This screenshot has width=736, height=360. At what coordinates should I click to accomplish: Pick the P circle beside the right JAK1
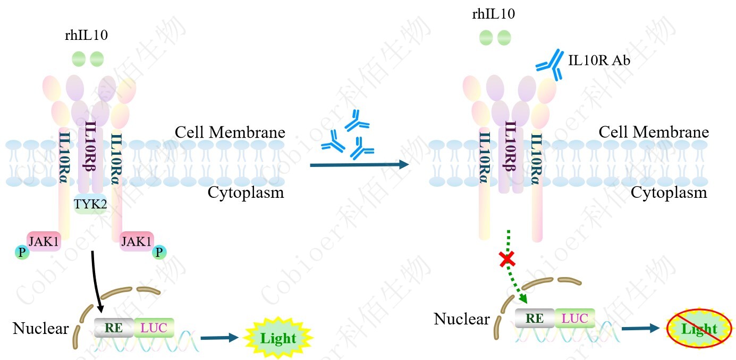pos(159,253)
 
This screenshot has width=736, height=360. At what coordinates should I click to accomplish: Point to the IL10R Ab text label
pos(599,61)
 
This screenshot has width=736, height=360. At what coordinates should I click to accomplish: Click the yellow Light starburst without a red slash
pos(278,338)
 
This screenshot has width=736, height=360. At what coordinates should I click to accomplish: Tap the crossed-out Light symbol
pos(699,329)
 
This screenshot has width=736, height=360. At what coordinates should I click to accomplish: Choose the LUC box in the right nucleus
pos(574,318)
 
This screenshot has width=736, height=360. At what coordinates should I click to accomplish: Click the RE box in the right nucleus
pos(535,318)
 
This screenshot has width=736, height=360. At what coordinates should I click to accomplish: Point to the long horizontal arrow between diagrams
pos(359,165)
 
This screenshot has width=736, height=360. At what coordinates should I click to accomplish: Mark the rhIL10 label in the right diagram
pos(493,14)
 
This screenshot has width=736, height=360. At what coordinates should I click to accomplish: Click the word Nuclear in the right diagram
pos(461,319)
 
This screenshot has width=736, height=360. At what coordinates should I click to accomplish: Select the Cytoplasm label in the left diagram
pos(246,192)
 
